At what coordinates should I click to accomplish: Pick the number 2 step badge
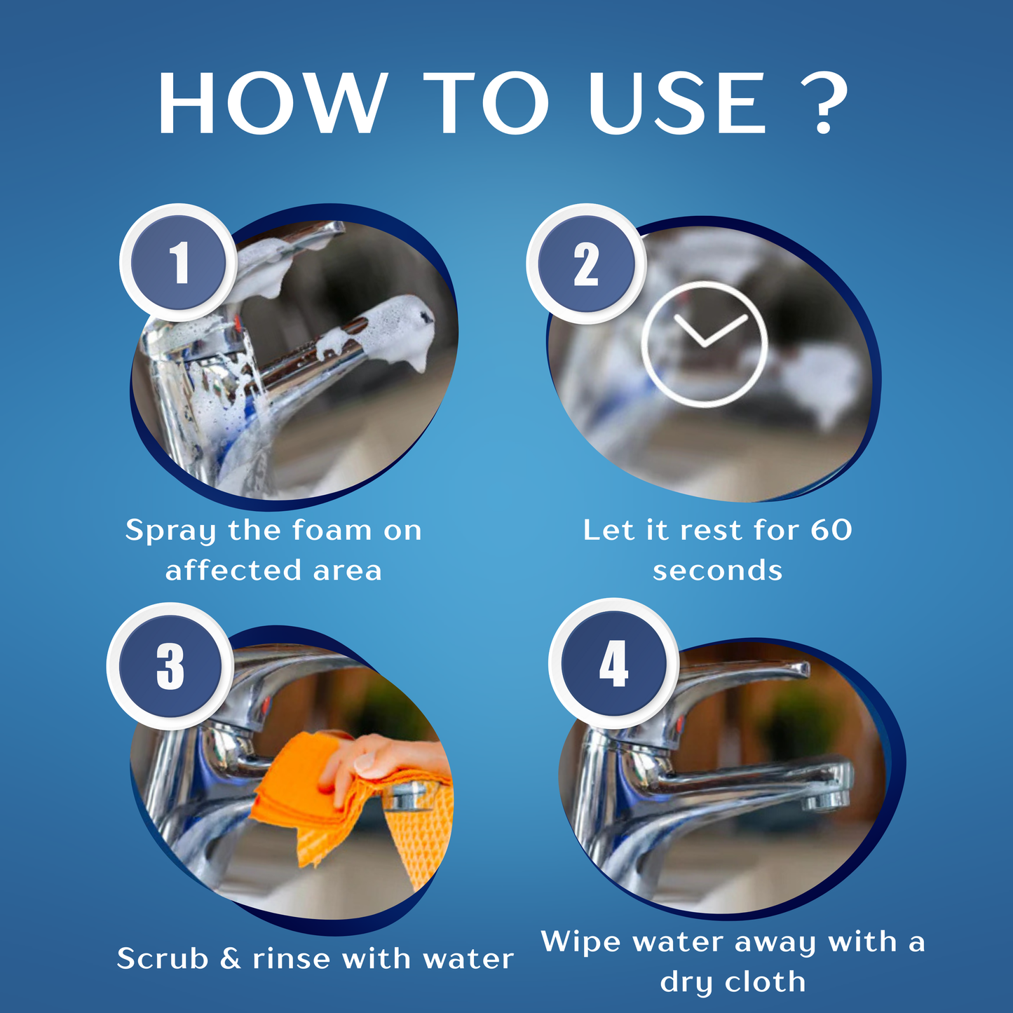coord(585,264)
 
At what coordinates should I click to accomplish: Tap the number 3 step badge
coord(170,666)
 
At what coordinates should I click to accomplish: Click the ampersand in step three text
coord(230,958)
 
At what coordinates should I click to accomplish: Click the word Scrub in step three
coord(163,958)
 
